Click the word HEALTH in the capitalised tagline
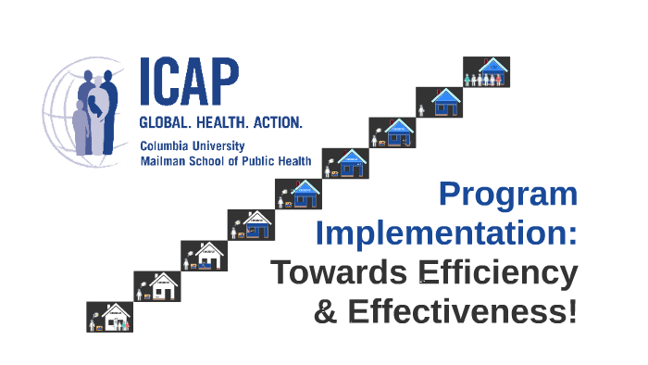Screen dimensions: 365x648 223,123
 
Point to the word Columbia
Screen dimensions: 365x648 164,146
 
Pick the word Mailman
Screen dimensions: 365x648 162,160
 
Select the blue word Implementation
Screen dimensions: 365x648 446,233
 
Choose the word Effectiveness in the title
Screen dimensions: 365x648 463,311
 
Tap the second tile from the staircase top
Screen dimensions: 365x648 440,103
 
